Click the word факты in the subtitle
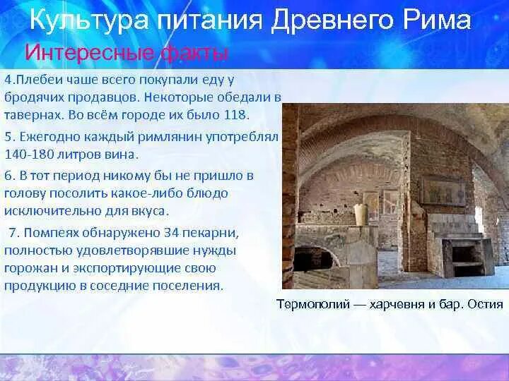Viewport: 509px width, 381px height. [x=194, y=54]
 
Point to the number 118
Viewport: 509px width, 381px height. [x=236, y=115]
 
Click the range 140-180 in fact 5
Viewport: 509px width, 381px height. [x=29, y=155]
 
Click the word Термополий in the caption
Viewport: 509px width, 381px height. [x=313, y=305]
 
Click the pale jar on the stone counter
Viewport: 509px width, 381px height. [x=361, y=214]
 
